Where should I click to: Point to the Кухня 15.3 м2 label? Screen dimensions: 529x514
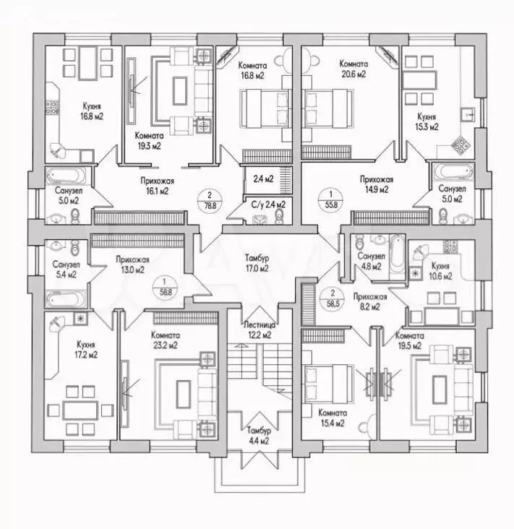tap(427, 121)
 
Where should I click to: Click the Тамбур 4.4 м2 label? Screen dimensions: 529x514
tap(258, 435)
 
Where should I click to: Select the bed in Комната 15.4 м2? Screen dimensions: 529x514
tap(322, 381)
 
